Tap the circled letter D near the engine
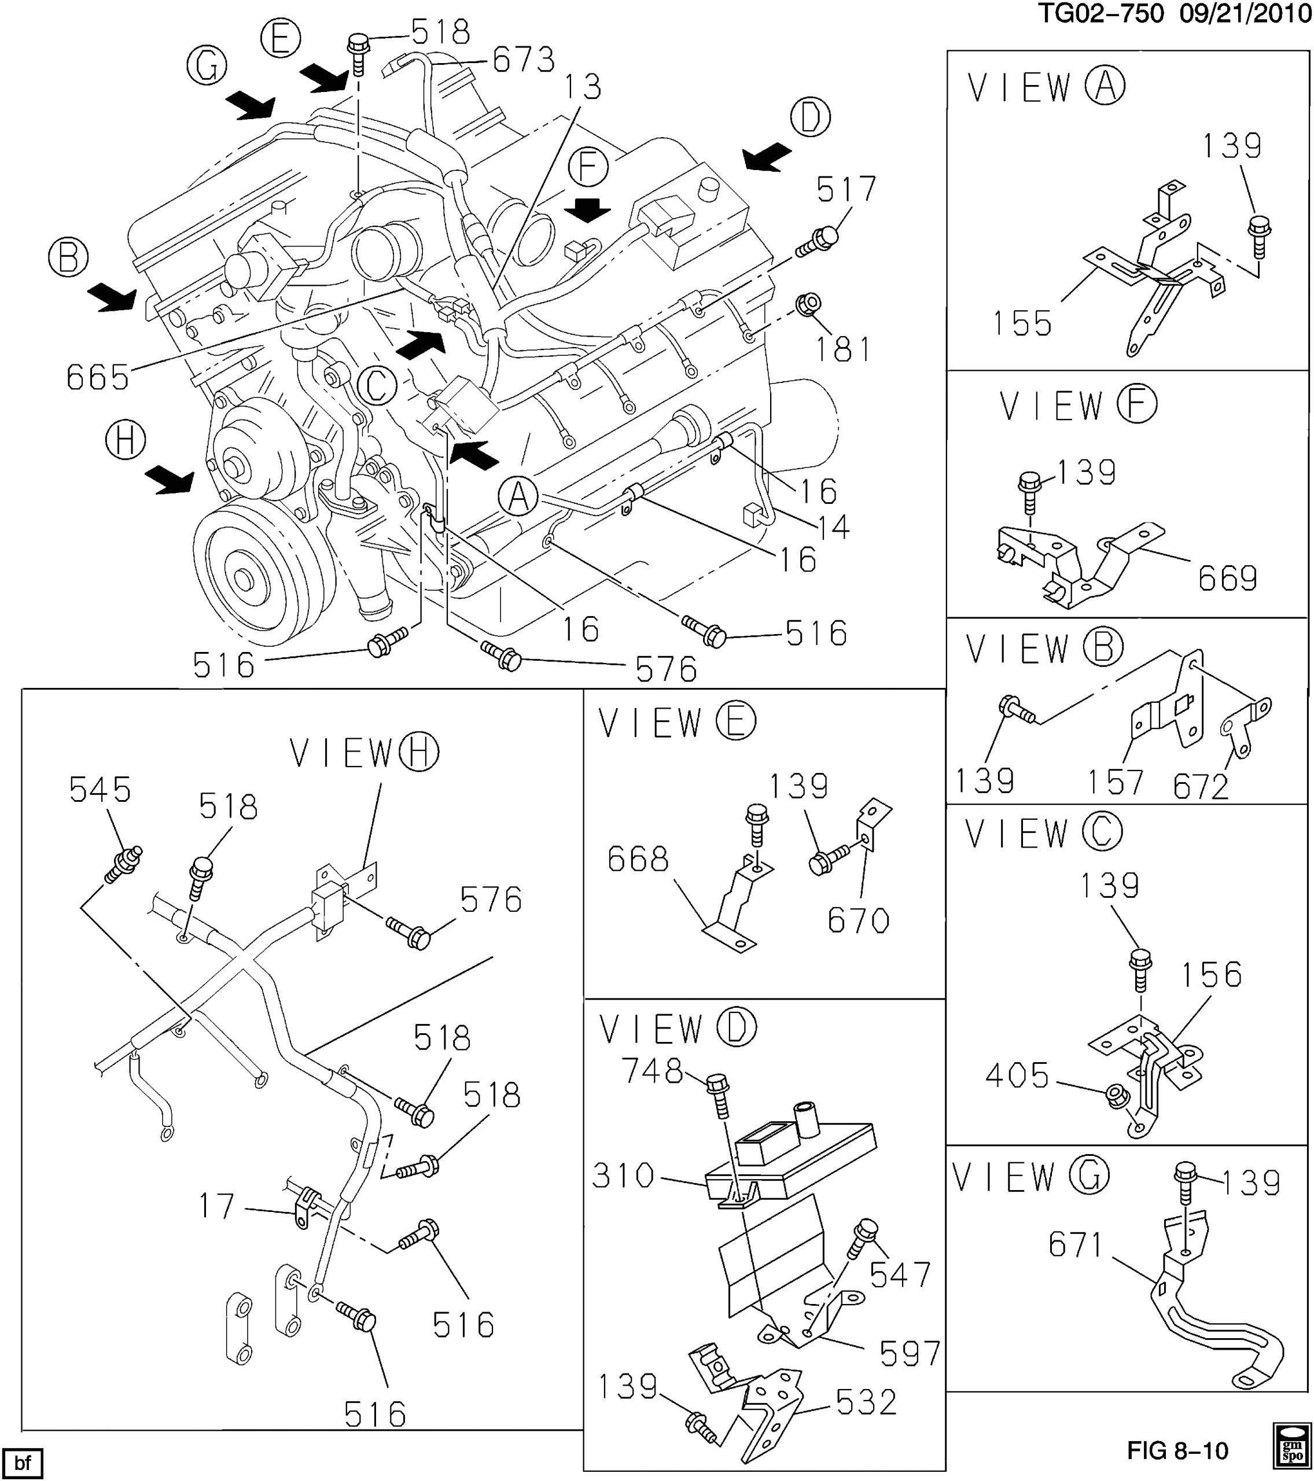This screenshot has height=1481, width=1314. pyautogui.click(x=810, y=117)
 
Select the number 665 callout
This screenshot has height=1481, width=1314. pyautogui.click(x=97, y=378)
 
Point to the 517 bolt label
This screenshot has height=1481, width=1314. pyautogui.click(x=846, y=190)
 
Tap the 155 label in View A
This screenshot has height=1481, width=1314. pyautogui.click(x=1022, y=323)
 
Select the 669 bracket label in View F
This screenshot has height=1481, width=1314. pyautogui.click(x=1227, y=578)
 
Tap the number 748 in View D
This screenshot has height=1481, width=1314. pyautogui.click(x=652, y=1071)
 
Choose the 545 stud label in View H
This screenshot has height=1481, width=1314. pyautogui.click(x=100, y=790)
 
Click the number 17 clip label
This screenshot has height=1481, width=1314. pyautogui.click(x=218, y=1206)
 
